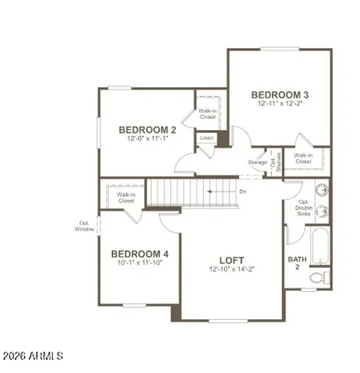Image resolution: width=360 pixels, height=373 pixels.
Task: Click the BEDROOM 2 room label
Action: [147, 129]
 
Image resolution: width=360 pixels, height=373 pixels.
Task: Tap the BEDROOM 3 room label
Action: [280, 94]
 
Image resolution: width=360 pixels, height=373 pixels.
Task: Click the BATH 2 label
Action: [296, 263]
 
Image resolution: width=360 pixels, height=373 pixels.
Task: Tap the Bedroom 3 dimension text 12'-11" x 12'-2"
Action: [280, 104]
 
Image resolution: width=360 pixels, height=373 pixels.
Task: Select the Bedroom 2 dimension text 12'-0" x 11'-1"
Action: [147, 139]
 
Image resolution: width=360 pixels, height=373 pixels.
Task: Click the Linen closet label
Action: [207, 138]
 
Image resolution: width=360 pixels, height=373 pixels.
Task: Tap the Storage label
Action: [257, 162]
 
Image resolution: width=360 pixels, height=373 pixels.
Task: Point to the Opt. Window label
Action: [85, 225]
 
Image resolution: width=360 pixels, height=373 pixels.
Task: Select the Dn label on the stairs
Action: [242, 191]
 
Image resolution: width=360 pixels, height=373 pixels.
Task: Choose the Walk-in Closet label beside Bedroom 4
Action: [126, 197]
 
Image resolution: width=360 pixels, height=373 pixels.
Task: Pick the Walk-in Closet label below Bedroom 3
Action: [304, 158]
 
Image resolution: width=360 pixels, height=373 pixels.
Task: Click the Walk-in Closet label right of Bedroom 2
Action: [207, 115]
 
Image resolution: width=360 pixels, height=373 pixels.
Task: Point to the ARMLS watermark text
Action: [32, 356]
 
